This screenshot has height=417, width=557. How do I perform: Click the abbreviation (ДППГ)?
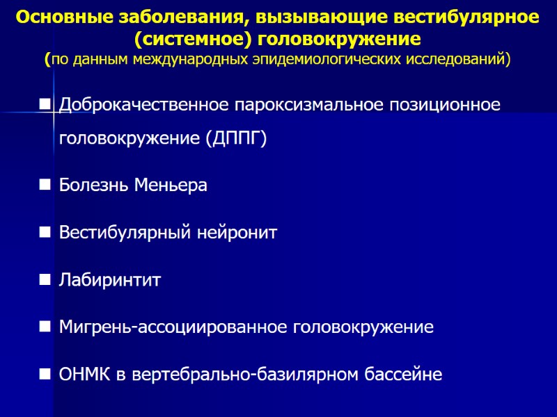[x=236, y=138]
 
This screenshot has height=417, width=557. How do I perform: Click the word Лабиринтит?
[x=110, y=280]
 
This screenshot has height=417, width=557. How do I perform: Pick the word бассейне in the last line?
[x=403, y=375]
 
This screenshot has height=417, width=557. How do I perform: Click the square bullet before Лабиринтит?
[x=45, y=280]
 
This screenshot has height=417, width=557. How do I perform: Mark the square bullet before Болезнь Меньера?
[x=45, y=186]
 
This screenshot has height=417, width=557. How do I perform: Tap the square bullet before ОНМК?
[x=45, y=375]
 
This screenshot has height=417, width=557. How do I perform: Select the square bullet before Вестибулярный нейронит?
[x=45, y=233]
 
